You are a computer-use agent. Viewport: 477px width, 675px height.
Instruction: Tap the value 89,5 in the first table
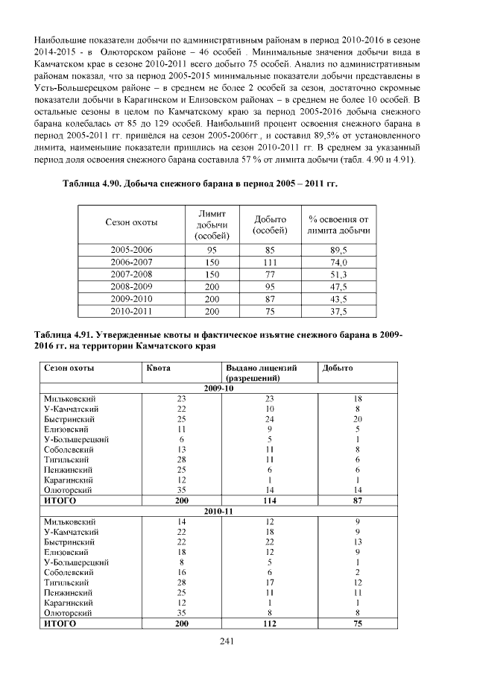coord(339,250)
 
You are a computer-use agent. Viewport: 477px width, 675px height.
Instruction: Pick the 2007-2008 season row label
coord(131,274)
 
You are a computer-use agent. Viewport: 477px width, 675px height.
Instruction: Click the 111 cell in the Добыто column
coord(271,262)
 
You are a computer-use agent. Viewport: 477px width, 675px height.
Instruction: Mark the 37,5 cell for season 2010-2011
coord(339,310)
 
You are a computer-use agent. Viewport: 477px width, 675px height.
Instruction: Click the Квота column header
coord(158,368)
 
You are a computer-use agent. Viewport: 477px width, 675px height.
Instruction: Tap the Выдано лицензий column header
coord(261,368)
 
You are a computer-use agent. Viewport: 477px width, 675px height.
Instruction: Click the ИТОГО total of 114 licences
coord(270,500)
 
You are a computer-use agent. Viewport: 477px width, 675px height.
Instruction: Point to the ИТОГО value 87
coord(358,500)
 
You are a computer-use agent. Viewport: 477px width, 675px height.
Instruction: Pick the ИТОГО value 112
coord(270,624)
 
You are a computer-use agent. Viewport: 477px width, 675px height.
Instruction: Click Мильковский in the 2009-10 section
coord(69,398)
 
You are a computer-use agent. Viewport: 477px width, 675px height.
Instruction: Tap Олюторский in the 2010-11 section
coord(68,613)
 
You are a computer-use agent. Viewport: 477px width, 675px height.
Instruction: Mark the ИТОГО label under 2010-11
coord(60,624)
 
